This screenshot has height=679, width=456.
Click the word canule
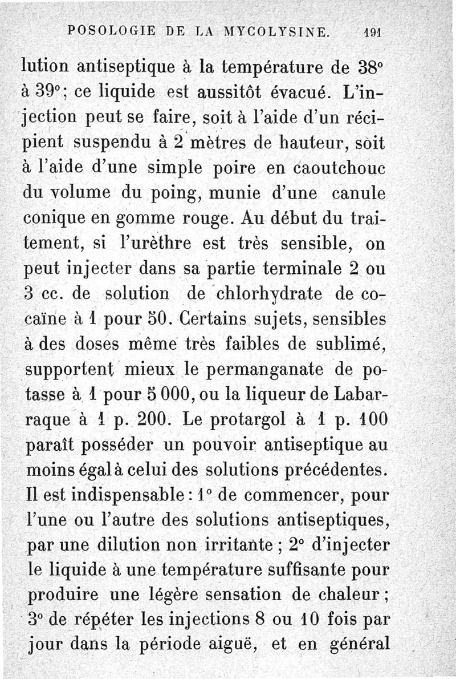[360, 196]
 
